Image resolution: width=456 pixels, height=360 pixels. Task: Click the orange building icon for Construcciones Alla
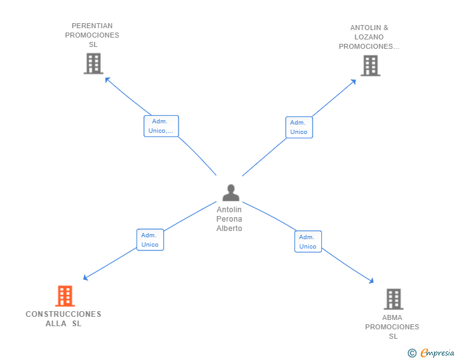(65, 296)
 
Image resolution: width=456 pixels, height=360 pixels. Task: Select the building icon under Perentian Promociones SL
(93, 63)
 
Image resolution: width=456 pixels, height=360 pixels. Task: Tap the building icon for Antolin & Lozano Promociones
(371, 66)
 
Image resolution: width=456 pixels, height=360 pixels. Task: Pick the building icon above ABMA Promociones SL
(393, 299)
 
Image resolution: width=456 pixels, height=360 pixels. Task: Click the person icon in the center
(231, 192)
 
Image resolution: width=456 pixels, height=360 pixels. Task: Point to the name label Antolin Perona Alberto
(229, 219)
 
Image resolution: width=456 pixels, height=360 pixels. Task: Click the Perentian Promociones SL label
(92, 35)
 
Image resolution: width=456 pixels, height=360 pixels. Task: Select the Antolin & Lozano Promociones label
(369, 37)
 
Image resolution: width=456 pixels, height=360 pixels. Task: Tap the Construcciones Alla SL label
(63, 319)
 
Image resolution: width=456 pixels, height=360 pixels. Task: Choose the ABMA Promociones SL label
(392, 327)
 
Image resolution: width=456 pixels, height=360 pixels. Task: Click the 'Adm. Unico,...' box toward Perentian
(161, 126)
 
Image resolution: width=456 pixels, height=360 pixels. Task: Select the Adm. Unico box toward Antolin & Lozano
(299, 127)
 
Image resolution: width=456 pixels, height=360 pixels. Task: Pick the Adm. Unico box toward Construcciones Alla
(150, 240)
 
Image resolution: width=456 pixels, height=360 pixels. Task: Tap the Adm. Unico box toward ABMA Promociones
(308, 242)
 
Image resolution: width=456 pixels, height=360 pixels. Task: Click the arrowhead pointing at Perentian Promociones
(107, 80)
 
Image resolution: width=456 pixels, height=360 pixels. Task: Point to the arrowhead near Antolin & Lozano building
(354, 82)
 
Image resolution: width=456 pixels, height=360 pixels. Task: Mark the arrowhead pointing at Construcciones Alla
(85, 278)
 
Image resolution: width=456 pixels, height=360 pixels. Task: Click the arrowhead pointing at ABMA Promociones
(371, 280)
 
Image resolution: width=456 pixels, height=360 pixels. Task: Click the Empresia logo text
(437, 352)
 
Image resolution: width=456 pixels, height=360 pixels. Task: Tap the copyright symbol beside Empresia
(412, 353)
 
